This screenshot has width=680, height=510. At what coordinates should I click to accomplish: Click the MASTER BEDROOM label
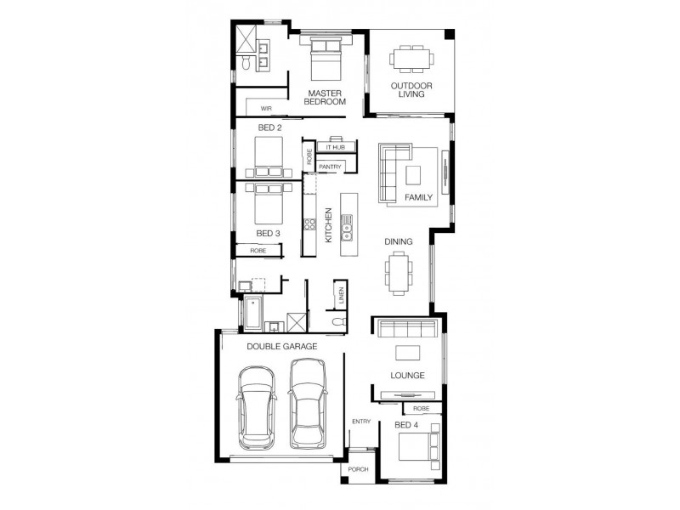coord(326,97)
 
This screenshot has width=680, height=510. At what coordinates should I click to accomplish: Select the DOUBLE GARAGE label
coord(282,346)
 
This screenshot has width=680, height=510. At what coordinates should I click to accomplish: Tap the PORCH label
coord(358,469)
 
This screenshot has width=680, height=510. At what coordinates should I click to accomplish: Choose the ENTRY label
coord(361,422)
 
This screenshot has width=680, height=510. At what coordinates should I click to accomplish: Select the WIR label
coord(266,109)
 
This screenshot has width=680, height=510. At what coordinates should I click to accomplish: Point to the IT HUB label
coord(334,148)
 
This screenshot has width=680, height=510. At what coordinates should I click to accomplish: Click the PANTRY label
coord(331,167)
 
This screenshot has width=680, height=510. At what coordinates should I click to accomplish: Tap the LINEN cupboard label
coord(341,296)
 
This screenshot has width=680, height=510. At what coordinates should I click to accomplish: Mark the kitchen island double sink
coord(347,224)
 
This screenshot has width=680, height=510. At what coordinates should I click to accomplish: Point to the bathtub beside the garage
coord(252,313)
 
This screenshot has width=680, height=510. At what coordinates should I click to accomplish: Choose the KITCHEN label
coord(328,225)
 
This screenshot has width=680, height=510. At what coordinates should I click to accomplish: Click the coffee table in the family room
coord(413,174)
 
